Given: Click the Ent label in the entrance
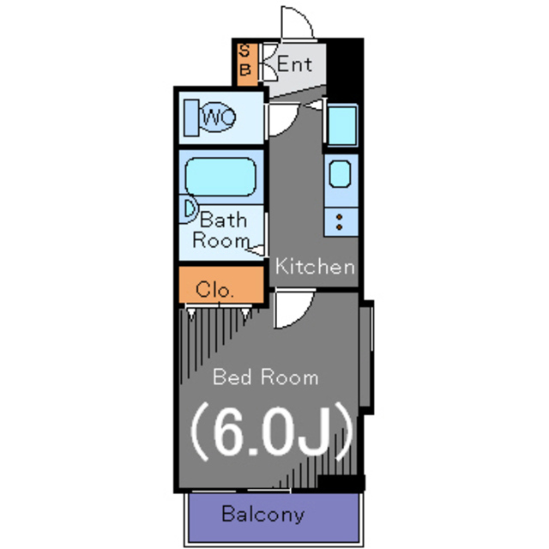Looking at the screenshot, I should point(294,64).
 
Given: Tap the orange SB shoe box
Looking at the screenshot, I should point(244,61).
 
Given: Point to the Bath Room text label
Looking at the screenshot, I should point(221,230).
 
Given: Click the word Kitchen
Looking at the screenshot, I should point(313,266).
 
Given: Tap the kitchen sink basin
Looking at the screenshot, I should point(340,175).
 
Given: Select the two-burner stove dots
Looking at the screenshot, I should point(340,221).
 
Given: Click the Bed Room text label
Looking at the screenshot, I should point(265,377).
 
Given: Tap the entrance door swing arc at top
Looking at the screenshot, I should point(297,22).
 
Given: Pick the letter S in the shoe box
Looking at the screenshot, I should point(244,51).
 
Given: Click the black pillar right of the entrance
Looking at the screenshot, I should point(347,69).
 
